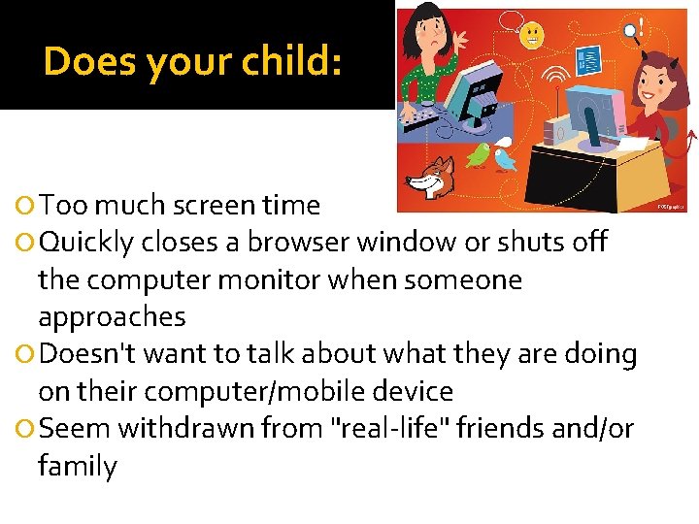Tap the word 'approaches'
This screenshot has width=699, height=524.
pyautogui.click(x=112, y=317)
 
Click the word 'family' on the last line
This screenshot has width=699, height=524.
pyautogui.click(x=77, y=467)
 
